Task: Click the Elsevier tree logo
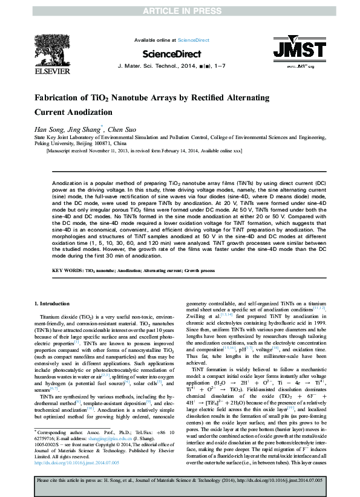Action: click(50, 49)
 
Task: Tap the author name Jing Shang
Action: click(84, 129)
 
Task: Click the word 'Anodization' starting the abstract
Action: click(67, 182)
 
